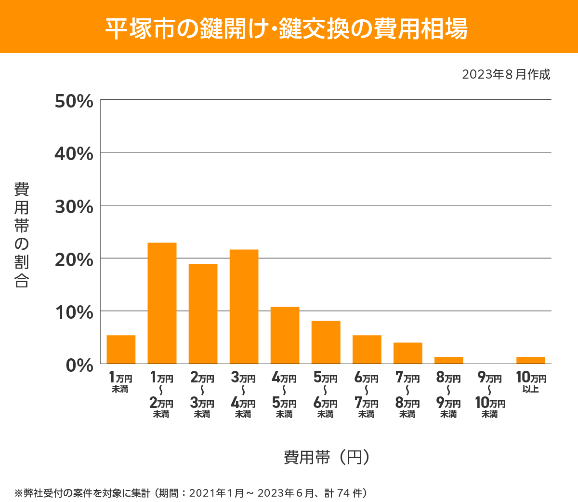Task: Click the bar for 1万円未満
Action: click(x=121, y=349)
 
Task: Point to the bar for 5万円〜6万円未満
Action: click(x=326, y=342)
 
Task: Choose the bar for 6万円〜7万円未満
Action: click(x=367, y=349)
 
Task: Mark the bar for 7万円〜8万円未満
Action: click(x=407, y=353)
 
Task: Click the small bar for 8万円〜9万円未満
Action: click(x=448, y=360)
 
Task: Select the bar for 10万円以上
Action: click(x=530, y=360)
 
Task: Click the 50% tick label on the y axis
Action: click(x=74, y=101)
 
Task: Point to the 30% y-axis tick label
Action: click(x=74, y=207)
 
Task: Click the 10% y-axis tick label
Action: click(x=74, y=312)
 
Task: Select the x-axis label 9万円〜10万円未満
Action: click(x=490, y=395)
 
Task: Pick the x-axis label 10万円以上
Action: click(x=531, y=382)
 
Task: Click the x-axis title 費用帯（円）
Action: click(x=327, y=457)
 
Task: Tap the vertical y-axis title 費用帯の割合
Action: click(x=22, y=235)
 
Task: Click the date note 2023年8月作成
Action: click(x=506, y=75)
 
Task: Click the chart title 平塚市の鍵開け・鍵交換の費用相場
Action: click(x=287, y=28)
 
